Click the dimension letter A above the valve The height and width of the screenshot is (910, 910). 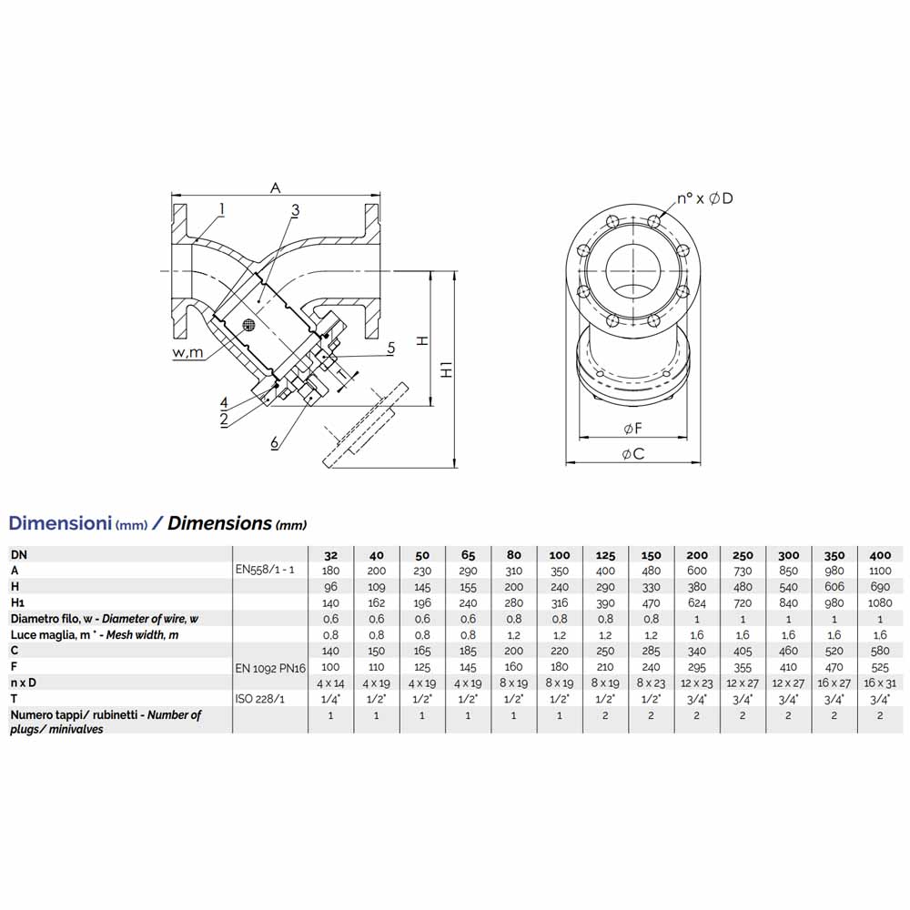click(x=275, y=187)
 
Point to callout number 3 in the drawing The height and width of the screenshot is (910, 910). click(x=296, y=209)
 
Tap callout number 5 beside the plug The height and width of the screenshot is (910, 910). click(x=390, y=348)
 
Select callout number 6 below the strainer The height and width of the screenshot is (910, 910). click(x=275, y=442)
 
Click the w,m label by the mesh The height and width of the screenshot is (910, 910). click(x=188, y=352)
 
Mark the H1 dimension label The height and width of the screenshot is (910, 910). click(x=446, y=369)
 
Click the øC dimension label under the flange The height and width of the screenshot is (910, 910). click(x=632, y=453)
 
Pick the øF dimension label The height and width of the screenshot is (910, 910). click(x=632, y=429)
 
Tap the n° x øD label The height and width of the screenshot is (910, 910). click(x=705, y=198)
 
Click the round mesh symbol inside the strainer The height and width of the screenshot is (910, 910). click(x=249, y=325)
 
